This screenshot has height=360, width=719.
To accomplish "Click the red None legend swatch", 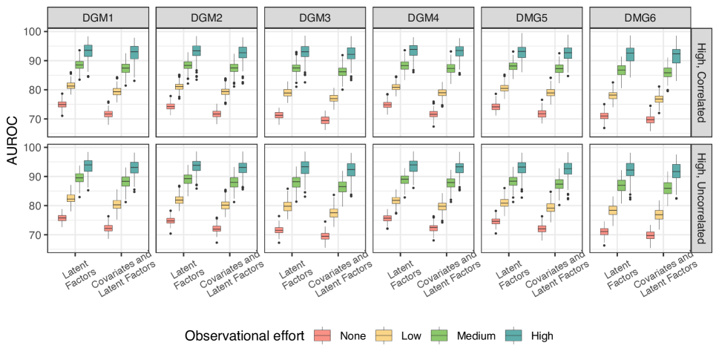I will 323,336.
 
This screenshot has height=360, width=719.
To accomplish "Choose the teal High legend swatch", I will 517,336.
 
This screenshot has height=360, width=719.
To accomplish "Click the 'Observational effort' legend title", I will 244,336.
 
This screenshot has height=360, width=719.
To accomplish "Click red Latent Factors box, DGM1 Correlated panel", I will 62,104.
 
